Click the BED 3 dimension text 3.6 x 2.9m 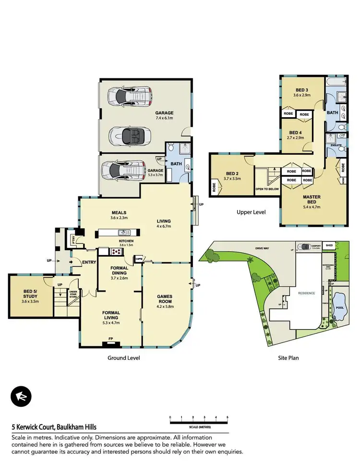pyautogui.click(x=302, y=95)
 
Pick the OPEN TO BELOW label pyautogui.click(x=267, y=189)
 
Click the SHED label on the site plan pyautogui.click(x=329, y=245)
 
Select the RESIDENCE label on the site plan pyautogui.click(x=306, y=293)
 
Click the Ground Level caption pyautogui.click(x=123, y=358)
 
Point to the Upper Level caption pyautogui.click(x=251, y=212)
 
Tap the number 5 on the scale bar pyautogui.click(x=227, y=417)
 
